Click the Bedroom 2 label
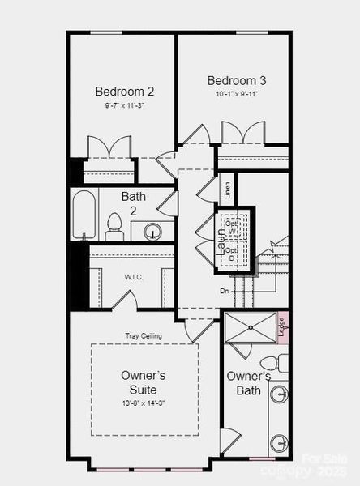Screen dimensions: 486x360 click(x=124, y=91)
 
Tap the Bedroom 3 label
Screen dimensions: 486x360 click(x=236, y=80)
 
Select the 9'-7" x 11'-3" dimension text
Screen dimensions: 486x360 click(x=124, y=105)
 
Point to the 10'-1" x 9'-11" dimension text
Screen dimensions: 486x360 click(x=236, y=94)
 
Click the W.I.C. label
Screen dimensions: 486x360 click(x=134, y=276)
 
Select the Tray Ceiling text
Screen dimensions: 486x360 click(x=143, y=335)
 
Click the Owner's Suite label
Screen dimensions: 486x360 click(x=144, y=382)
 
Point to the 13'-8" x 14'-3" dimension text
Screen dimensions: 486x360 click(x=144, y=403)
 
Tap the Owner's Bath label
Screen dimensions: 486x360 click(x=248, y=383)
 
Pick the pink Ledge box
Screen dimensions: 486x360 click(x=282, y=327)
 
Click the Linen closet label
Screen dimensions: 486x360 click(x=228, y=190)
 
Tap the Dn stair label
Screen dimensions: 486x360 click(x=224, y=290)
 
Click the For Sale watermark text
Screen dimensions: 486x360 click(x=319, y=458)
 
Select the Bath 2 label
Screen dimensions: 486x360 click(x=134, y=203)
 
